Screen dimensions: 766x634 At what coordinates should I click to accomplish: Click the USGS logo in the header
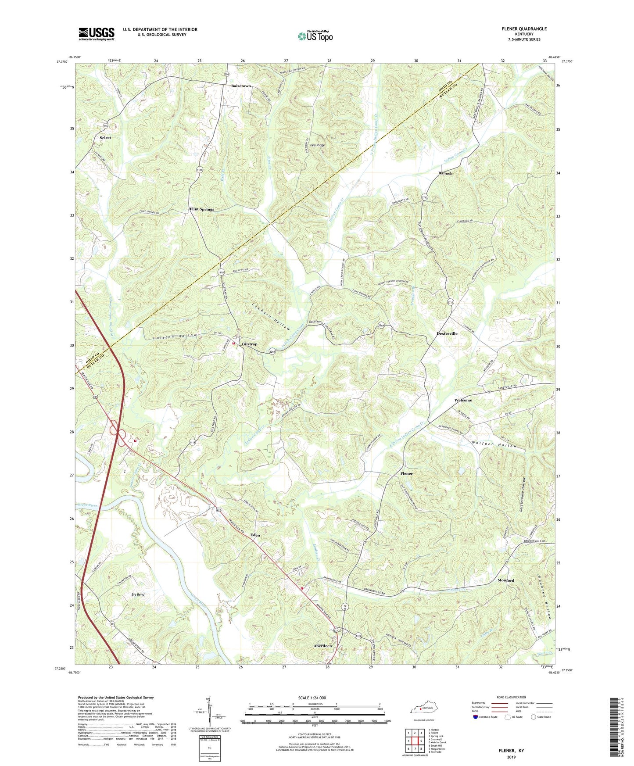(x=97, y=34)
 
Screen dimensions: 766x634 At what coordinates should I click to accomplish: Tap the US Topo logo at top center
(x=315, y=36)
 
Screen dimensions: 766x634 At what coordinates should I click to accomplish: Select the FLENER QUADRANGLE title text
(x=524, y=29)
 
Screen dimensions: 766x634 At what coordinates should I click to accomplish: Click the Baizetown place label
(x=241, y=86)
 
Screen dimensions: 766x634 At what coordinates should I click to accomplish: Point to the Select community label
(x=105, y=138)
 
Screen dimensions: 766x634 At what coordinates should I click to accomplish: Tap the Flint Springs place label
(x=202, y=209)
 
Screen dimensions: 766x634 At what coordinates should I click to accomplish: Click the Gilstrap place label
(x=250, y=344)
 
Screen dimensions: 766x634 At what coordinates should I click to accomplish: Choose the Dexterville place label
(x=447, y=333)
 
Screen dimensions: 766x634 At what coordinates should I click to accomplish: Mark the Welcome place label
(x=463, y=400)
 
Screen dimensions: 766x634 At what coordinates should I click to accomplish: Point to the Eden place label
(x=255, y=535)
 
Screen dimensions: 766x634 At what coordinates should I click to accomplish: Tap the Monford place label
(x=505, y=580)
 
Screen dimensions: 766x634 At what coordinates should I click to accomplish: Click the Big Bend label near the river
(x=138, y=594)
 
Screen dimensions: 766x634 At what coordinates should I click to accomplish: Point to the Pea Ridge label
(x=318, y=145)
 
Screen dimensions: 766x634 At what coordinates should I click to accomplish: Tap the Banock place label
(x=445, y=173)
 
